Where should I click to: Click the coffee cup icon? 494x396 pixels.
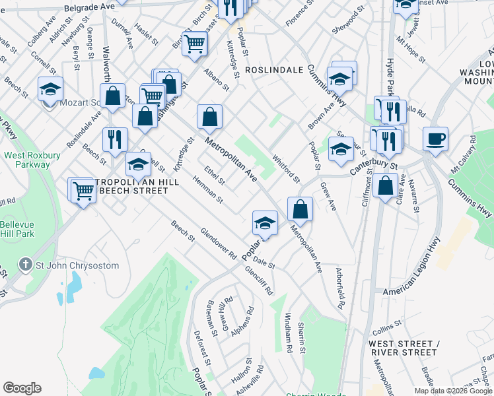coord(435,139)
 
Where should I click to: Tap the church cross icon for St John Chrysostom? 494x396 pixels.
coord(26,265)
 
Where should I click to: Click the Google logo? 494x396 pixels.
coord(22,388)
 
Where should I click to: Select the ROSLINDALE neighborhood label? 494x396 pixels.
coord(273,69)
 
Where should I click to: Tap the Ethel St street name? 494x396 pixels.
coord(215,175)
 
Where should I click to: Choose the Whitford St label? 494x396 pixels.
coord(287,168)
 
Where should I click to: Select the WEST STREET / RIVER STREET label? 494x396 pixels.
coord(404,348)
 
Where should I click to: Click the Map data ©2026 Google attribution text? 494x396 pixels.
coord(452,391)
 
